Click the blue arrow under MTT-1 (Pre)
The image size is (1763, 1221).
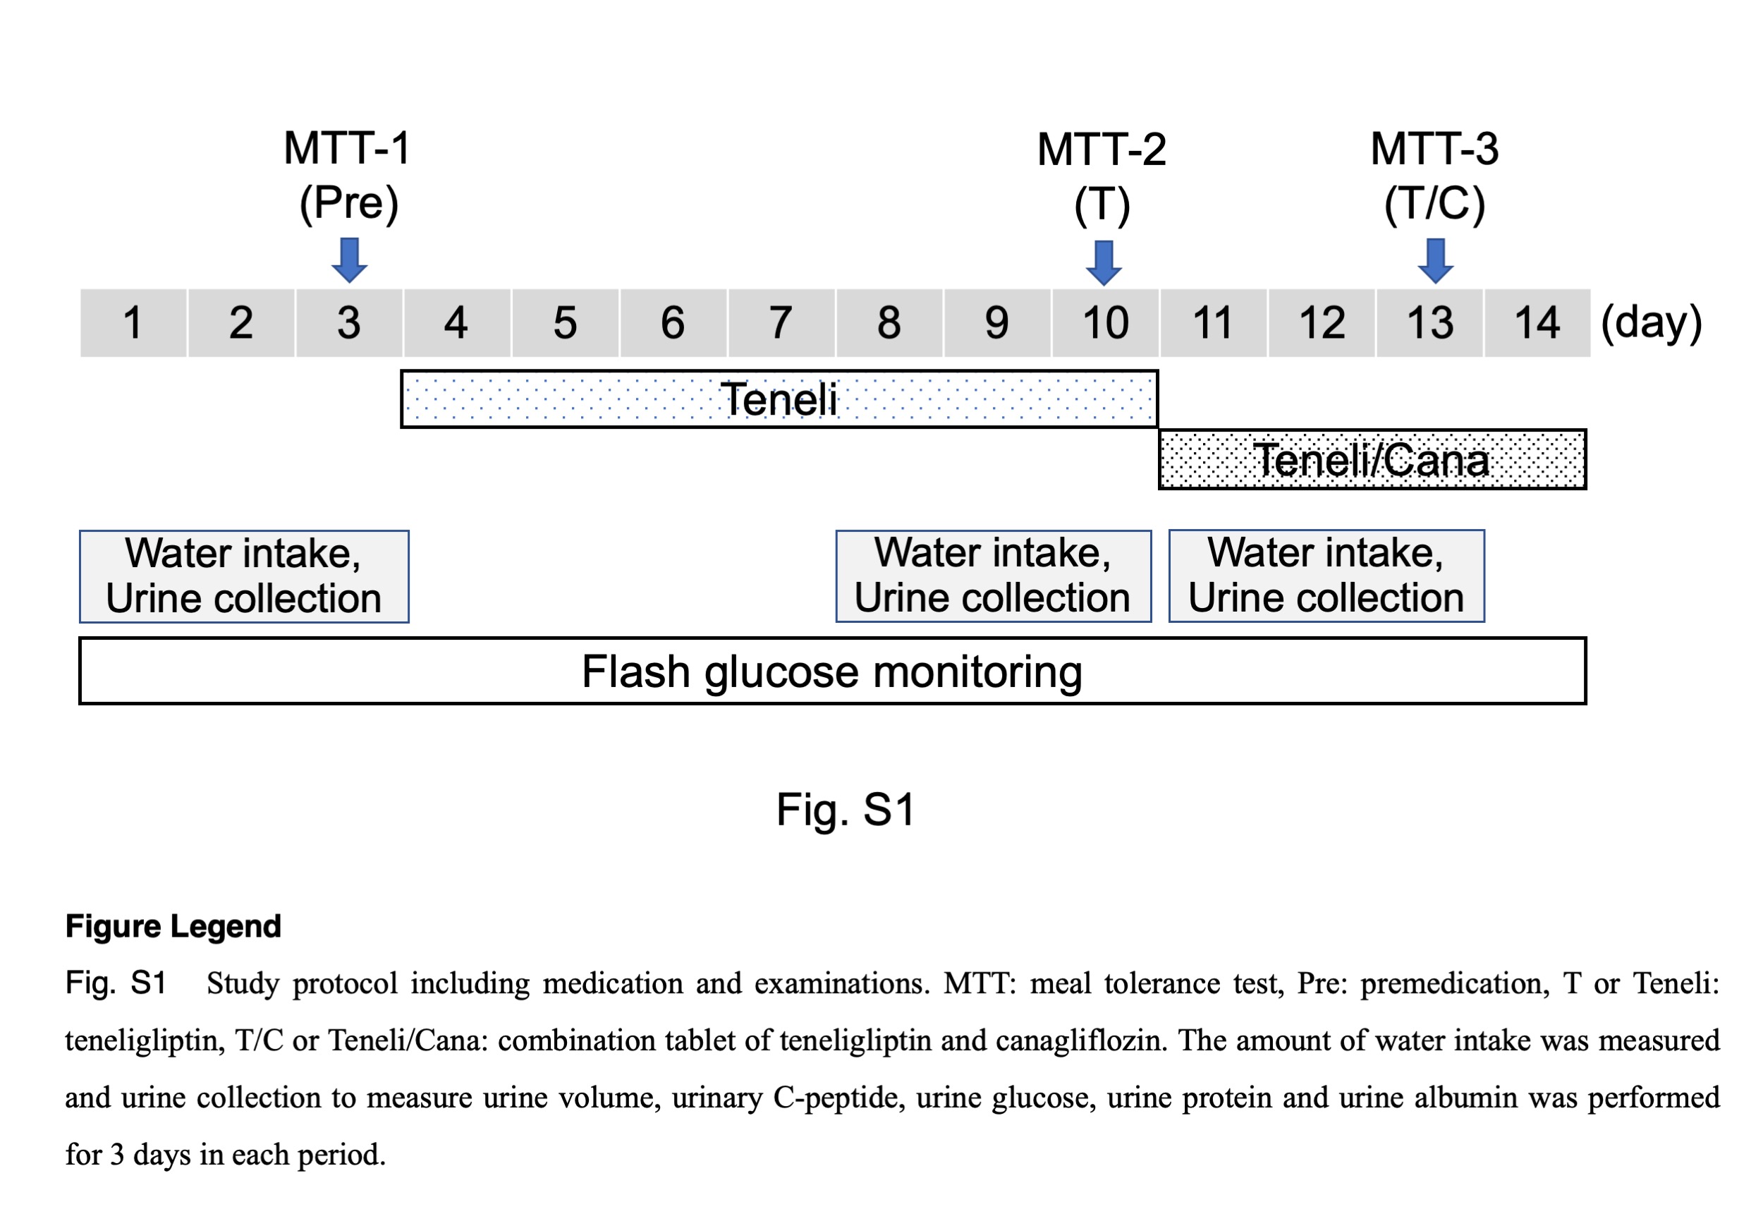tap(350, 260)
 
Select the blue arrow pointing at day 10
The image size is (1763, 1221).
tap(1104, 263)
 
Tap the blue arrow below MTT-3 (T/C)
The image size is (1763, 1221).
tap(1436, 261)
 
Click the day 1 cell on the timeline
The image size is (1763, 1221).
tap(133, 323)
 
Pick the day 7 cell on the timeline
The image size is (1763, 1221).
tap(781, 323)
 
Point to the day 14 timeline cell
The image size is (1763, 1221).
tap(1537, 323)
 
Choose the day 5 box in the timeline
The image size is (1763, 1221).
tap(566, 323)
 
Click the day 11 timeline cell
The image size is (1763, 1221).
tap(1213, 323)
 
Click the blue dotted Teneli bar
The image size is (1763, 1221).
tap(779, 399)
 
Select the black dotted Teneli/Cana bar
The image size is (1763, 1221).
tap(1372, 459)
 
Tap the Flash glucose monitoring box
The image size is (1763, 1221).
tap(833, 671)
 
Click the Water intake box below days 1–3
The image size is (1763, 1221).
tap(244, 576)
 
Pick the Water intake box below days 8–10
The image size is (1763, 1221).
tap(994, 576)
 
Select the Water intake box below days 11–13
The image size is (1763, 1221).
tap(1326, 576)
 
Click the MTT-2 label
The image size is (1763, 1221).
tap(1102, 149)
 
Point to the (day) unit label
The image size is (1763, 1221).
tap(1652, 323)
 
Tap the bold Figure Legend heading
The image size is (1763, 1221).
tap(173, 926)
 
